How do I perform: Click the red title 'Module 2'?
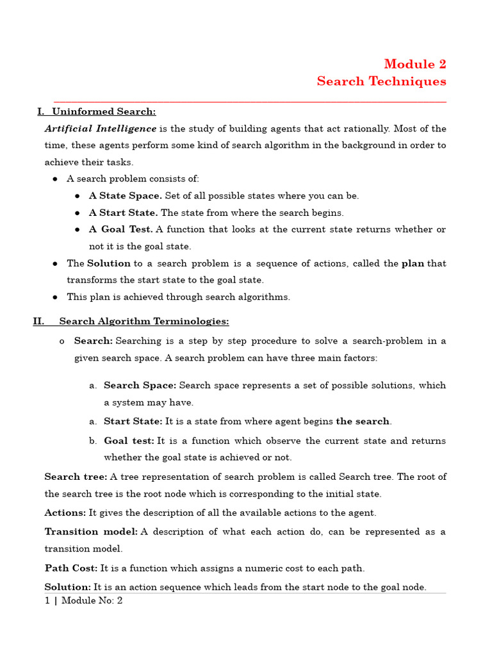click(414, 64)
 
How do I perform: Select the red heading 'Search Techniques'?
click(381, 81)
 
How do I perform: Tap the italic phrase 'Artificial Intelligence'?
click(100, 129)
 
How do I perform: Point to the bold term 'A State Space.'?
click(125, 196)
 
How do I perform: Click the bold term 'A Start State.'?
click(123, 213)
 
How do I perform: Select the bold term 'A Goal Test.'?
click(120, 229)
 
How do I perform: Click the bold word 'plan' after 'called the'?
click(413, 263)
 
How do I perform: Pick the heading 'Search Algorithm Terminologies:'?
click(143, 321)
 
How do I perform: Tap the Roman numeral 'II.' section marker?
click(38, 321)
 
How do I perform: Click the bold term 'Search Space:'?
click(140, 386)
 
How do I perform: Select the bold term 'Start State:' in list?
click(133, 422)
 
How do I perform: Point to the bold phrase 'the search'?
click(363, 422)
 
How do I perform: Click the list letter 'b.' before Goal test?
click(93, 441)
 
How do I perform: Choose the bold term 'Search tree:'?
click(76, 477)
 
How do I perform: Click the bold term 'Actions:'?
click(65, 513)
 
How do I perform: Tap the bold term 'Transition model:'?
click(90, 532)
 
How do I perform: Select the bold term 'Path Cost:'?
click(70, 568)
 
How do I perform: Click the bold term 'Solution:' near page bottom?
click(67, 587)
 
